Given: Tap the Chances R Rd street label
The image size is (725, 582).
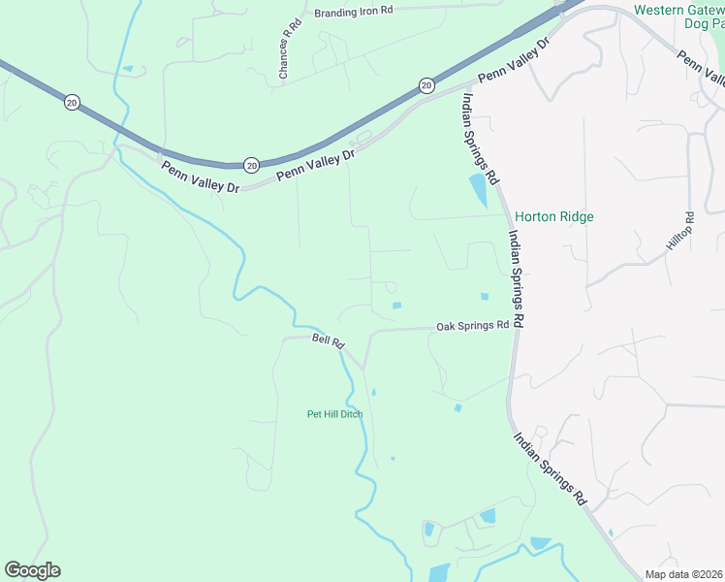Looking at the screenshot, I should pyautogui.click(x=284, y=50).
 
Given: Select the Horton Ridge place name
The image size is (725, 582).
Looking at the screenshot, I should pyautogui.click(x=553, y=217).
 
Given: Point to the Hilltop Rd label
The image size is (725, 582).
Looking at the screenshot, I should pyautogui.click(x=679, y=233).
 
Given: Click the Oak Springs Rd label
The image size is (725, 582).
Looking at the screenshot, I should pyautogui.click(x=472, y=326).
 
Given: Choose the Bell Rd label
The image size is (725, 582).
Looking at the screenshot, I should pyautogui.click(x=329, y=340).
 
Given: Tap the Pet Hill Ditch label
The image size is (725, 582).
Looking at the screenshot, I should pyautogui.click(x=334, y=414).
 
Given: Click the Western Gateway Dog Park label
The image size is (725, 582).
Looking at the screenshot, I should pyautogui.click(x=678, y=17).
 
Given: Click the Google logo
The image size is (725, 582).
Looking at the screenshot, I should pyautogui.click(x=32, y=570).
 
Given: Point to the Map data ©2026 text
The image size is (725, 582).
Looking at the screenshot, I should pyautogui.click(x=683, y=574).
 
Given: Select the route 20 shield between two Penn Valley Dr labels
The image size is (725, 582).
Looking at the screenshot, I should pyautogui.click(x=251, y=165).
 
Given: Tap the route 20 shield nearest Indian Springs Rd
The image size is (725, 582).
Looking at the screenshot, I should pyautogui.click(x=426, y=86).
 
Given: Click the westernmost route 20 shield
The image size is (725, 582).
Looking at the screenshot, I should pyautogui.click(x=72, y=101).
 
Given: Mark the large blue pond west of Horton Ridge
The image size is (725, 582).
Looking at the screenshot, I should pyautogui.click(x=479, y=191).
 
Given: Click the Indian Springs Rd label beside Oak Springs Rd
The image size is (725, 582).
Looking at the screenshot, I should pyautogui.click(x=515, y=276).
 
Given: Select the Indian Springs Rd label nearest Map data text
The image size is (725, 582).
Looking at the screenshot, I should pyautogui.click(x=551, y=469).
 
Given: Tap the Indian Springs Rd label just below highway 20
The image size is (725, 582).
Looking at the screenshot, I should pyautogui.click(x=480, y=137).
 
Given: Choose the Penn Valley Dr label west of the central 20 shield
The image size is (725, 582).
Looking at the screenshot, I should pyautogui.click(x=200, y=178).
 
